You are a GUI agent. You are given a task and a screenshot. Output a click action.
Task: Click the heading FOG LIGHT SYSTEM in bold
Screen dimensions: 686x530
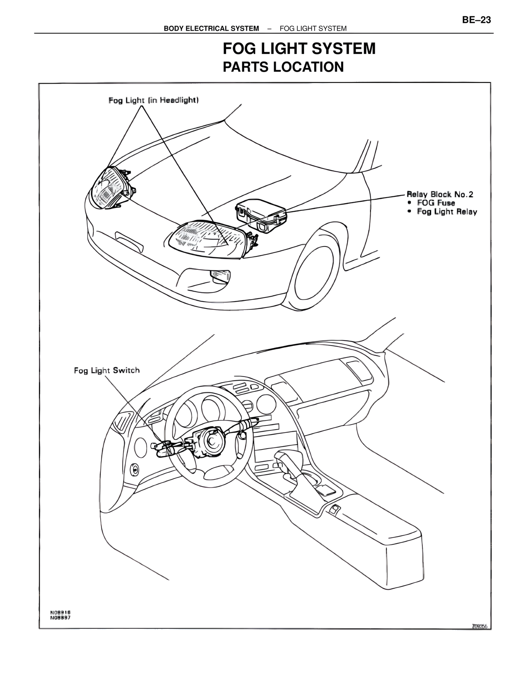[299, 49]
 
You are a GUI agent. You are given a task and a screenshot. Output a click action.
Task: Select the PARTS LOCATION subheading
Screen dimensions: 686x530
[283, 67]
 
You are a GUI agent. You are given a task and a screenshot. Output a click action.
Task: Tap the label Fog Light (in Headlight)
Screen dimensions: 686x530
[154, 100]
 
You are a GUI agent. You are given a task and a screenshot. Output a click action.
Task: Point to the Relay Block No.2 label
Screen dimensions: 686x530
[440, 194]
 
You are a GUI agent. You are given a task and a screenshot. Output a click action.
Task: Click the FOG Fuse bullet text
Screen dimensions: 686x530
[436, 203]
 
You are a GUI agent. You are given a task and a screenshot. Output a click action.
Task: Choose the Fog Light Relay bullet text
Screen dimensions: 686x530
[447, 212]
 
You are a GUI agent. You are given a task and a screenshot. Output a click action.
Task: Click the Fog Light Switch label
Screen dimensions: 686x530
[107, 370]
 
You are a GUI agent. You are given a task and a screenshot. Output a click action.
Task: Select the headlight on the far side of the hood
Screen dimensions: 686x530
[111, 188]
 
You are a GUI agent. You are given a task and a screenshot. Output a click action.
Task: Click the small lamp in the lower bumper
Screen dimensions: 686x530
[219, 276]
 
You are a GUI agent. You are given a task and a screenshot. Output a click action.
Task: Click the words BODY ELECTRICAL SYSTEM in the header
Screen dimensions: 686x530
[211, 29]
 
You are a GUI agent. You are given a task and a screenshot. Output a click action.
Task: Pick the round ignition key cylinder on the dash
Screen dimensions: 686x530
[135, 469]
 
